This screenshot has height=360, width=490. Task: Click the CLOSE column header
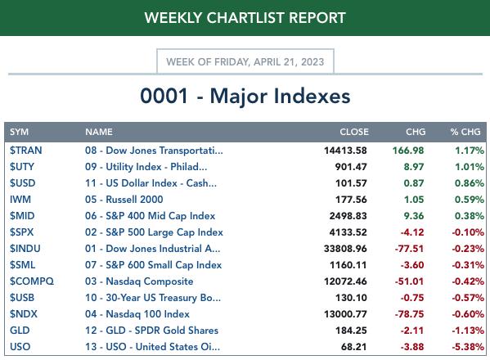354,132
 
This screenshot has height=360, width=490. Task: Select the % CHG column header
465,132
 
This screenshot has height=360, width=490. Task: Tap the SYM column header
19,132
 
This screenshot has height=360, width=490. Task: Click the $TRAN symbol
25,151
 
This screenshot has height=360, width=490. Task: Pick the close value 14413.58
345,151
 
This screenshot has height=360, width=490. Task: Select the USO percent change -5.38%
468,347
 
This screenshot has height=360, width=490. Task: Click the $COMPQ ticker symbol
32,281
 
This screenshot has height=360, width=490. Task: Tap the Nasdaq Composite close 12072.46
345,281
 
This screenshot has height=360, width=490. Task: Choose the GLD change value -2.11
412,331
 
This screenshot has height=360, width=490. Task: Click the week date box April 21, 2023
245,61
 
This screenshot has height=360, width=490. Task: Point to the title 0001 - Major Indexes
245,96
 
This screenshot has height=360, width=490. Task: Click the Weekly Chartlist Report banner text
245,18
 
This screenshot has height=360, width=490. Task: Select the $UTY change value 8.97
414,167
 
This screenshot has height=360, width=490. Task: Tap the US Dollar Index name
151,183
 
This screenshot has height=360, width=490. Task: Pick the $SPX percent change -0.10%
468,232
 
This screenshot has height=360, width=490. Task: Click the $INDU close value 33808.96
345,249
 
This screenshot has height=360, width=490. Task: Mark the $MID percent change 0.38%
470,216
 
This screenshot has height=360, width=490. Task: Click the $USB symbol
22,298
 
